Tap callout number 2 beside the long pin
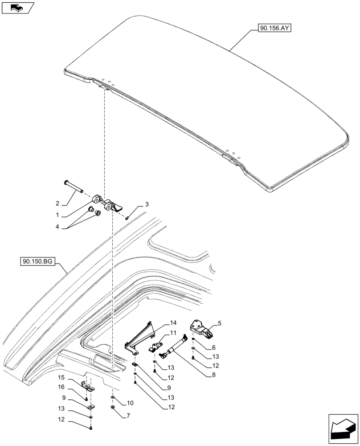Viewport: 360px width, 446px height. tap(57, 204)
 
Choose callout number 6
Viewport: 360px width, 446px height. tap(213, 347)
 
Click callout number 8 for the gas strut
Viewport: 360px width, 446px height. tap(213, 375)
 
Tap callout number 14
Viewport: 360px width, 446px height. tap(173, 322)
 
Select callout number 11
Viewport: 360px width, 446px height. tap(173, 333)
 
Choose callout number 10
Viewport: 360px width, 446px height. tap(130, 403)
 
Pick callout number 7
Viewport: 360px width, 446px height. tap(128, 415)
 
